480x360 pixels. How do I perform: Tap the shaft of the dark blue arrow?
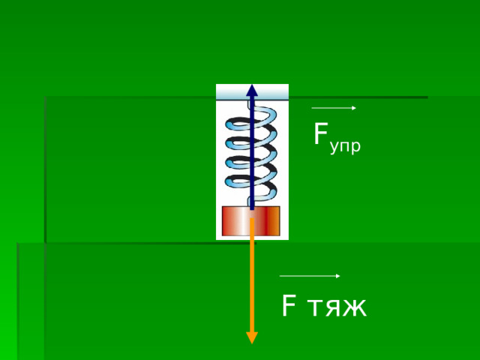pyautogui.click(x=252, y=153)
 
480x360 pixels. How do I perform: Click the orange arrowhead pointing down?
pyautogui.click(x=252, y=337)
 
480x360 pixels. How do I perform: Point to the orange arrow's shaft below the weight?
pyautogui.click(x=252, y=275)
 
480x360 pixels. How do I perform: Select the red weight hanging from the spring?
pyautogui.click(x=250, y=221)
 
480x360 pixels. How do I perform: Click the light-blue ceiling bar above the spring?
pyautogui.click(x=252, y=91)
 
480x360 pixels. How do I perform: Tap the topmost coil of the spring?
pyautogui.click(x=251, y=121)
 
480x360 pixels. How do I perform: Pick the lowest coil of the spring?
pyautogui.click(x=251, y=187)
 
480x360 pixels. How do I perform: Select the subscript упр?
pyautogui.click(x=345, y=147)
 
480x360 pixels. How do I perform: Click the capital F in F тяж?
pyautogui.click(x=288, y=305)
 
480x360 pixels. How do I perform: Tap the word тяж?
pyautogui.click(x=337, y=307)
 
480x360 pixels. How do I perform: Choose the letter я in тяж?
pyautogui.click(x=333, y=307)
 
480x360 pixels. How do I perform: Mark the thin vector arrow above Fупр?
pyautogui.click(x=334, y=108)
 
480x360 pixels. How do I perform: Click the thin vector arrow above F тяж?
pyautogui.click(x=310, y=276)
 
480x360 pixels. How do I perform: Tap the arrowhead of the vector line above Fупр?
pyautogui.click(x=354, y=108)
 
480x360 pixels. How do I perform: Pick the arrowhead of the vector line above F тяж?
pyautogui.click(x=338, y=276)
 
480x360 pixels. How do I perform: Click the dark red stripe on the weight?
pyautogui.click(x=267, y=221)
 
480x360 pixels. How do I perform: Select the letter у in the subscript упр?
pyautogui.click(x=334, y=148)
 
